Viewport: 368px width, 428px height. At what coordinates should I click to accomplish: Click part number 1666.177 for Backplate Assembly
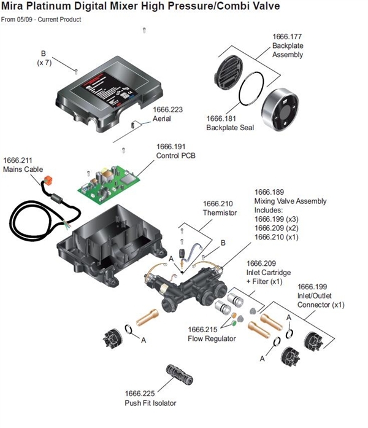[288, 36]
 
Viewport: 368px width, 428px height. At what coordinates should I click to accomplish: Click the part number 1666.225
[139, 394]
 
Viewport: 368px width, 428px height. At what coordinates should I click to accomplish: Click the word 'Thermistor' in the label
[220, 212]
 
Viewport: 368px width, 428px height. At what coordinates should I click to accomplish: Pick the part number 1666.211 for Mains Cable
[18, 161]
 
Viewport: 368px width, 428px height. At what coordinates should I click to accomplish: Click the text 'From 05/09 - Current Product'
[41, 20]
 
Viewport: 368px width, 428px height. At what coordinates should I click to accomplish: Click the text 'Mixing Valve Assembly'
[290, 201]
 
